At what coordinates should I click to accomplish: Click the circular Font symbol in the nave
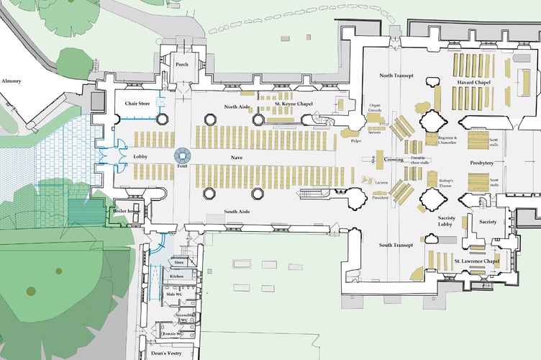(182, 155)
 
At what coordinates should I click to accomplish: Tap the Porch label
(181, 65)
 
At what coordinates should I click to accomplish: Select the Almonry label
(11, 81)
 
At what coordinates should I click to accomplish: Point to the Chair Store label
(137, 104)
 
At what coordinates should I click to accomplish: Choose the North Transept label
(397, 76)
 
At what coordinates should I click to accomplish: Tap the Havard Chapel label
(475, 83)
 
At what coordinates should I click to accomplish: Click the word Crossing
(393, 159)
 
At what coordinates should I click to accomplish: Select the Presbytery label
(482, 163)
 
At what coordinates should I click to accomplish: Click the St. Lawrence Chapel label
(476, 261)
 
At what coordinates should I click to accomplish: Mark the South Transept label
(396, 245)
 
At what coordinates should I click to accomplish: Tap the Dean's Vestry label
(168, 353)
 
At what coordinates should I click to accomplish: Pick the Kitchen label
(177, 276)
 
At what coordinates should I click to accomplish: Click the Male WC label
(172, 294)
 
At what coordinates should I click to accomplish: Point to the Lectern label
(381, 183)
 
